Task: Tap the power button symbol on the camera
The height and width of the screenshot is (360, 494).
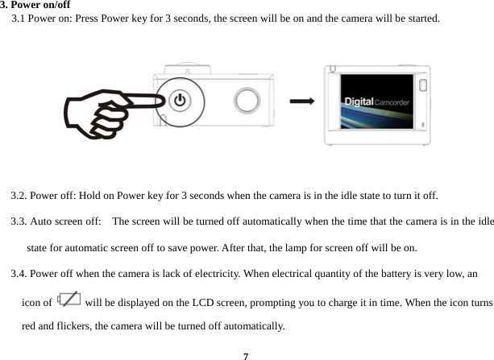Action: pyautogui.click(x=180, y=100)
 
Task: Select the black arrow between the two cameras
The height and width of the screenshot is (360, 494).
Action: pyautogui.click(x=301, y=101)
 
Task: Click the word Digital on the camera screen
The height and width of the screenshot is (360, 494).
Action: pyautogui.click(x=359, y=101)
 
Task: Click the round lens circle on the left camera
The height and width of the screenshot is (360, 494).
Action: pyautogui.click(x=247, y=101)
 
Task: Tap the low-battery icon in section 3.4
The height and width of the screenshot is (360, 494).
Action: pyautogui.click(x=69, y=300)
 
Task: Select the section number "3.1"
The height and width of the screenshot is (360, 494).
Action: pyautogui.click(x=19, y=17)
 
